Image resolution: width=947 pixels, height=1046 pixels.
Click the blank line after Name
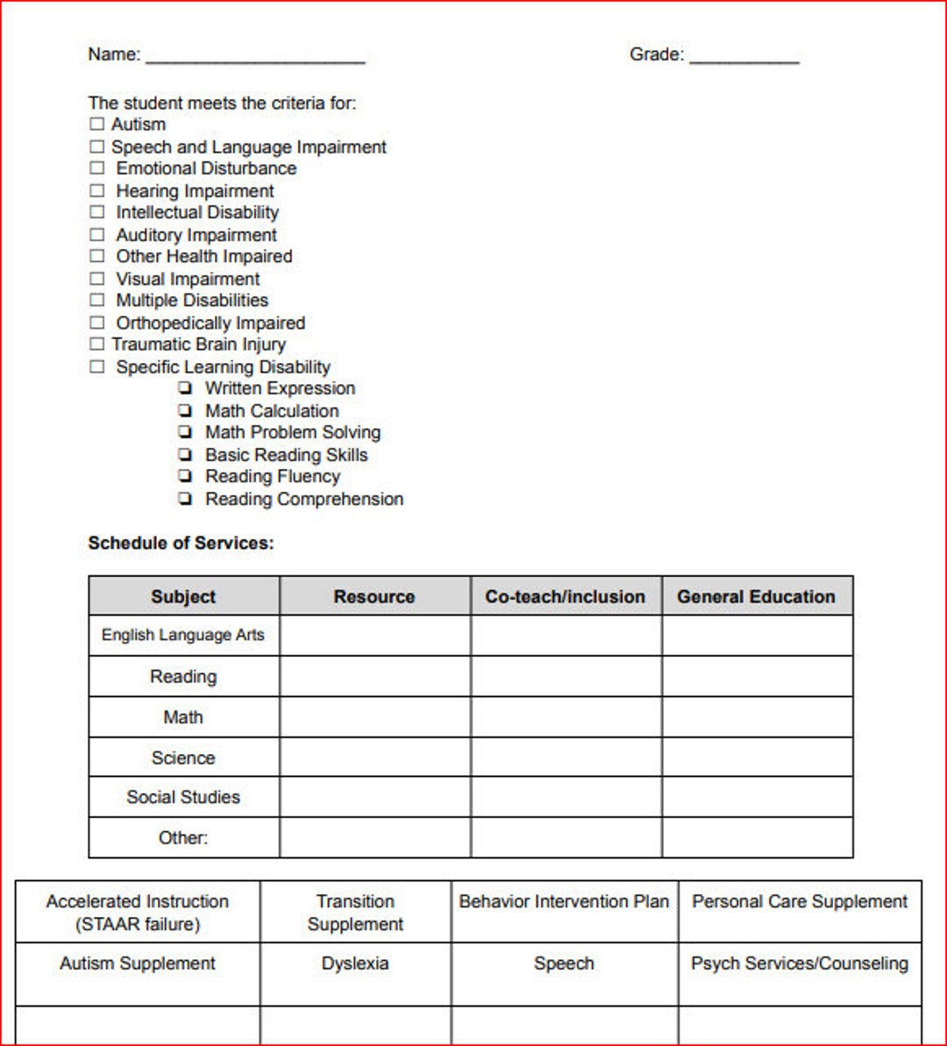(254, 57)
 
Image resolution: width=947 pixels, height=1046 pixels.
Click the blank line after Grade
(744, 57)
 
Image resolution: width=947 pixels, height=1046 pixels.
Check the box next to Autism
(96, 125)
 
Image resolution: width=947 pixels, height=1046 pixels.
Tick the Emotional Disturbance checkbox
(96, 168)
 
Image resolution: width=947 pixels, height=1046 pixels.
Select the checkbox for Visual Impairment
(96, 279)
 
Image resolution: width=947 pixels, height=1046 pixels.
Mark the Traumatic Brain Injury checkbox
(96, 345)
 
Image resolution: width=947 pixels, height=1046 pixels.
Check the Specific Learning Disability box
(96, 367)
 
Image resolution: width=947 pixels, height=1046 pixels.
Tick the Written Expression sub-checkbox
(185, 388)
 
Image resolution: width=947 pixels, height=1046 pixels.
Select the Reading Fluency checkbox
(185, 476)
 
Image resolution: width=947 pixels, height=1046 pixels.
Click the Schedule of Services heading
(181, 544)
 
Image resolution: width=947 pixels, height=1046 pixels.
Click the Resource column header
(374, 596)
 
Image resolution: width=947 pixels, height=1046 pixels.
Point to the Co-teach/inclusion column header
(566, 596)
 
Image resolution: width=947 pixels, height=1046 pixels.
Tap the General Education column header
(756, 596)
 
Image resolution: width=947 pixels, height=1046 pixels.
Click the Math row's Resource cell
(374, 717)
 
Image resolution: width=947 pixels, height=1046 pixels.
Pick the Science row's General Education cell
(757, 758)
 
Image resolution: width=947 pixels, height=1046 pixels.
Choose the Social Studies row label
(183, 797)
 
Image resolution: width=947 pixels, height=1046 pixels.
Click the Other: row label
(183, 837)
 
